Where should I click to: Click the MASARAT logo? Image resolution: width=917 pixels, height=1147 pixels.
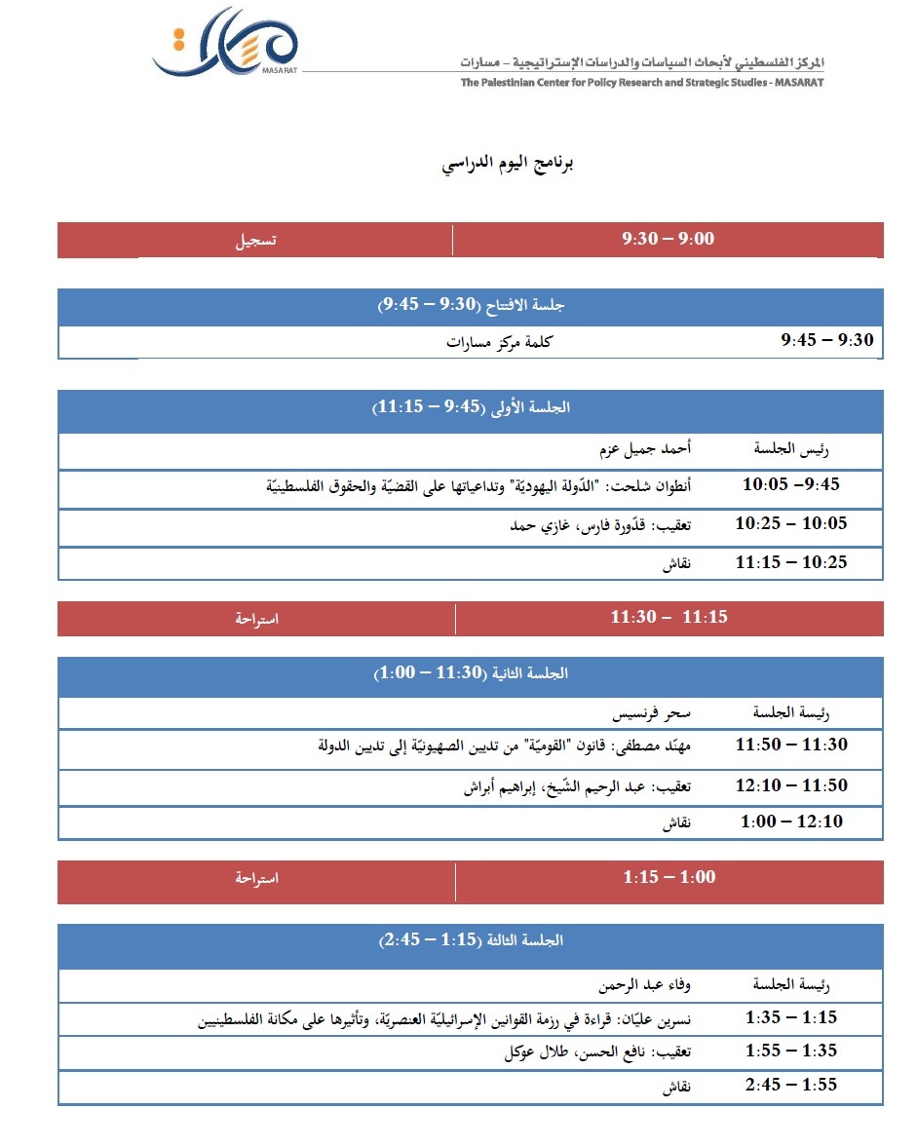226,43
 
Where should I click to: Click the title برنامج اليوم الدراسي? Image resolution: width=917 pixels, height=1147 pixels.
508,163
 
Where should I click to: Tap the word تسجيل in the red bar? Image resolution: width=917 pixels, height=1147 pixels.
255,240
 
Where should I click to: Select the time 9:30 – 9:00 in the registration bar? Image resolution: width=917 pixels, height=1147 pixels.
668,239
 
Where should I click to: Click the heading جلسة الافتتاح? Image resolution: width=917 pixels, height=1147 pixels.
472,306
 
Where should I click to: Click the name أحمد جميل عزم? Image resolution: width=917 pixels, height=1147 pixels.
644,450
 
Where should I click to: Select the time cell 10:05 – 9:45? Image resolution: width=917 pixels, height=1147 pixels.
790,484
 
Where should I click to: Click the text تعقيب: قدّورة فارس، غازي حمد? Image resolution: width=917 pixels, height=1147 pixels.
600,525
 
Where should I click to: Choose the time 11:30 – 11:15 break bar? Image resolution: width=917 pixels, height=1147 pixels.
669,617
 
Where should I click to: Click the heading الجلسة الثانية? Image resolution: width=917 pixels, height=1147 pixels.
472,673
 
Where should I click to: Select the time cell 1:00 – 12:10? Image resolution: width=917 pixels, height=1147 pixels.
791,822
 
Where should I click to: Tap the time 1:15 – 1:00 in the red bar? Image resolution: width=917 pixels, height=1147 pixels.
669,877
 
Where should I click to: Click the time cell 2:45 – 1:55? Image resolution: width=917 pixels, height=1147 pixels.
791,1085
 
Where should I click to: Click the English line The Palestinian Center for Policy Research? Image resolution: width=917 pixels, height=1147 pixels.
642,83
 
